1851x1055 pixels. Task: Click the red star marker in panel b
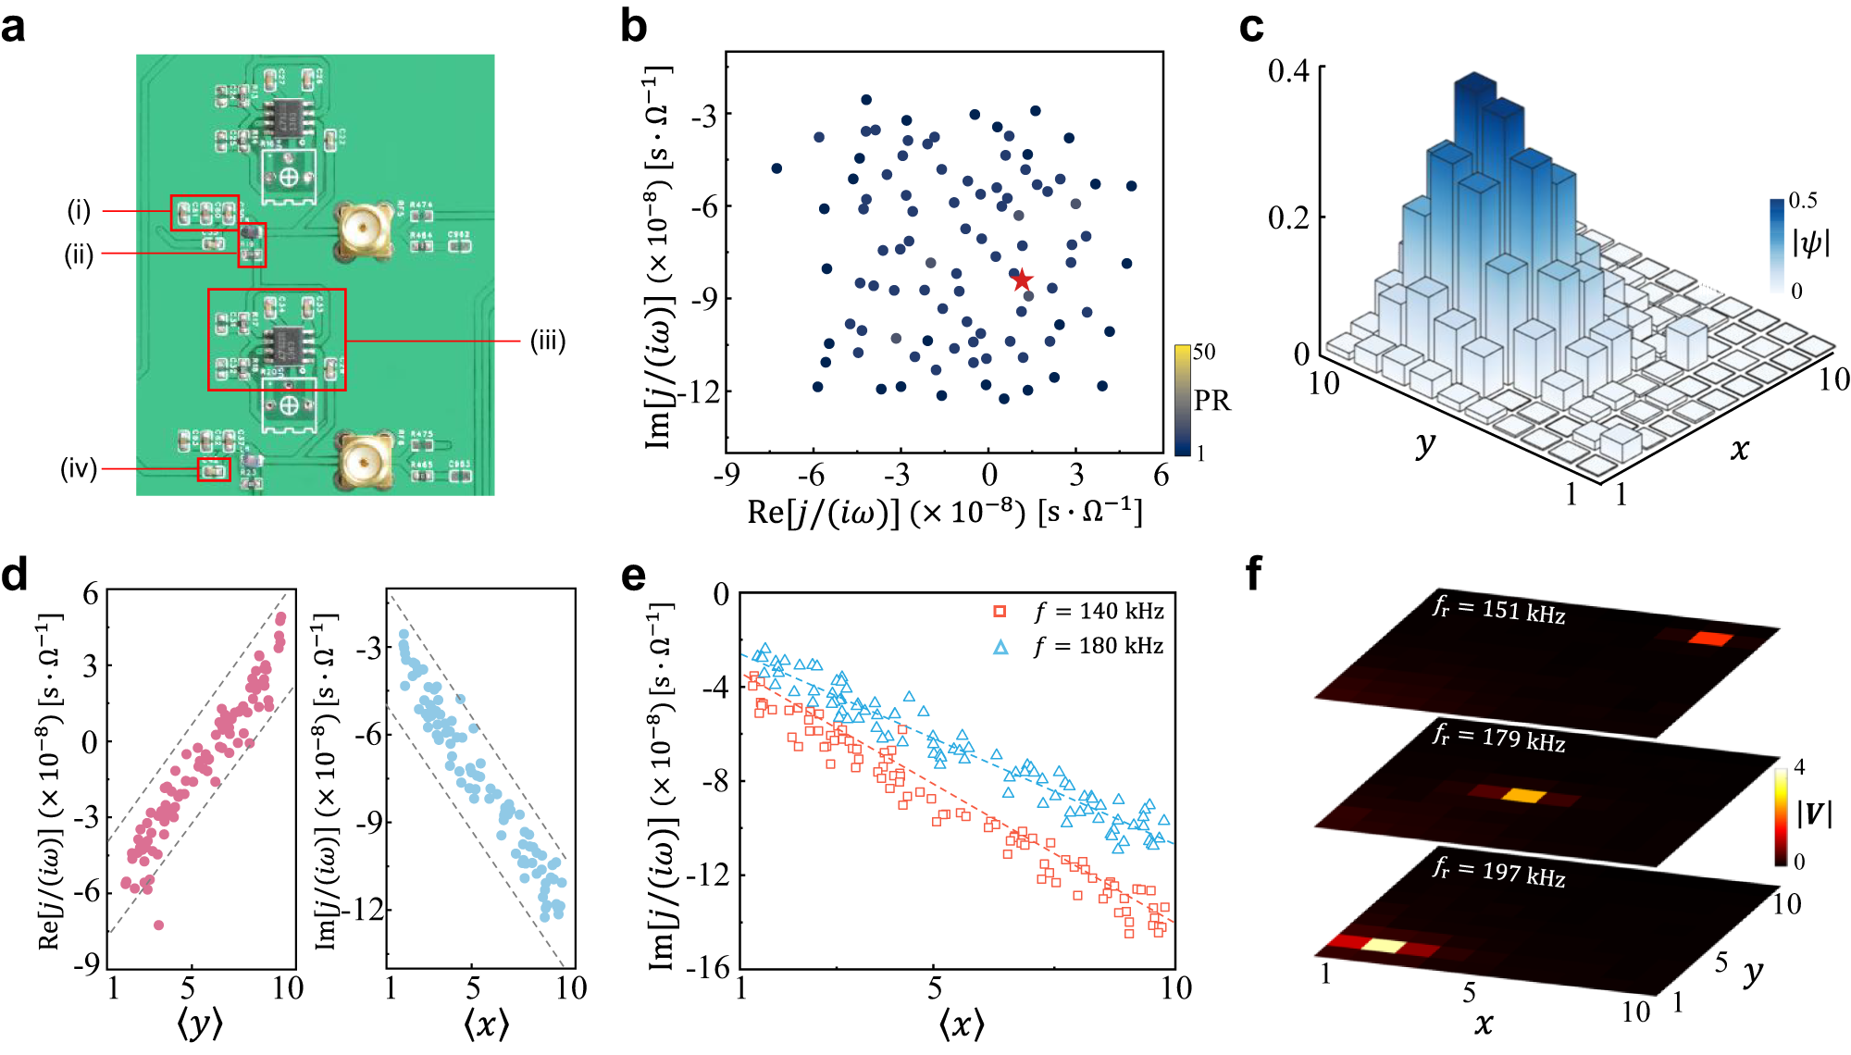[1021, 279]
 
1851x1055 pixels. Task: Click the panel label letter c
[1251, 27]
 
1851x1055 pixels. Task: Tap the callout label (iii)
[547, 341]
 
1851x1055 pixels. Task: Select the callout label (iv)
[79, 468]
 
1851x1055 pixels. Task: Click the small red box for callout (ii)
[252, 244]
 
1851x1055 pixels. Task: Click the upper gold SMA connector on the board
[359, 230]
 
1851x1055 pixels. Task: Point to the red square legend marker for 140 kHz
[1000, 612]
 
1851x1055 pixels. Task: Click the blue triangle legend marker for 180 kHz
[1000, 647]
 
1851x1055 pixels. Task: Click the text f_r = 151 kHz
[1498, 610]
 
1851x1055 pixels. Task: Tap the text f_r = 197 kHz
[1498, 871]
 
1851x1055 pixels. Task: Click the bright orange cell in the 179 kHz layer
[1523, 795]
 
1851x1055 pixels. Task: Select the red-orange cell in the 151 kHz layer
[1708, 639]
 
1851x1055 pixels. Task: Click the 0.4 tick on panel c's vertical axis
[1287, 70]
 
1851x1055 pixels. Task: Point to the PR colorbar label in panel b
[1211, 401]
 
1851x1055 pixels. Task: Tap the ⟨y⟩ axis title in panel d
[200, 1023]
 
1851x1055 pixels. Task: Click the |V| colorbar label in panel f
[1813, 813]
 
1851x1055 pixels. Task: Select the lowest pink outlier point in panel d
[158, 925]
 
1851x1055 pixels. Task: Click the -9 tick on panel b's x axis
[726, 476]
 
